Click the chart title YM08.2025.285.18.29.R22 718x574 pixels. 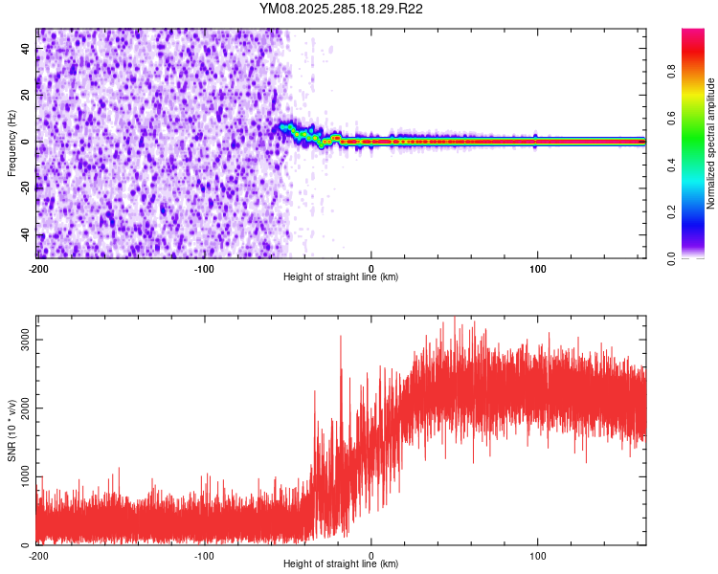tap(342, 10)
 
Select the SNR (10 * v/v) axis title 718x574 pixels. tap(11, 431)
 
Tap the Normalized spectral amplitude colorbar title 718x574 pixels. tap(711, 143)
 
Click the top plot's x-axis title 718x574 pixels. tap(341, 276)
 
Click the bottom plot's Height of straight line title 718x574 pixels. tap(341, 563)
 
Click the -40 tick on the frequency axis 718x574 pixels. tap(24, 234)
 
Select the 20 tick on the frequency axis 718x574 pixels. tap(26, 95)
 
